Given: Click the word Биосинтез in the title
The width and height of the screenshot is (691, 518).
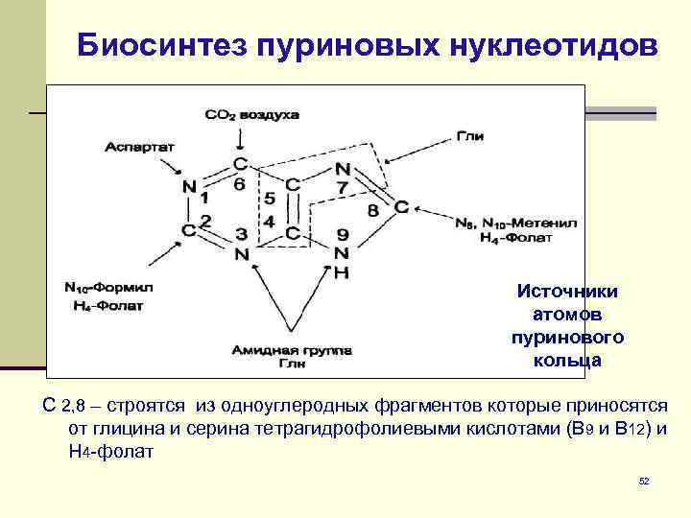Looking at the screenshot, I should point(160,45).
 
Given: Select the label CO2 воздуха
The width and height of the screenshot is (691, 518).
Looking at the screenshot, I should point(252,114).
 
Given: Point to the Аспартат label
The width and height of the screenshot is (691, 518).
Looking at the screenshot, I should point(139,147).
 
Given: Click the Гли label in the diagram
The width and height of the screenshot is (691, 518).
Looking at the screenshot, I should point(469,137).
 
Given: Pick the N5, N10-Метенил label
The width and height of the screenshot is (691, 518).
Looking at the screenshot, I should point(516,222).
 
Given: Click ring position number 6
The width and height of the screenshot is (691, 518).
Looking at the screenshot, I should point(239,182).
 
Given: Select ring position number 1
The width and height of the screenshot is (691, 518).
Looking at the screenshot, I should point(204,200).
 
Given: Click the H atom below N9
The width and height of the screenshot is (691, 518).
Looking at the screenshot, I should point(342,272).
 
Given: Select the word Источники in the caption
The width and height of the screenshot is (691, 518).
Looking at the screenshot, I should point(567,292).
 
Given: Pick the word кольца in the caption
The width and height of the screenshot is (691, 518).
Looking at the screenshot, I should point(567,361).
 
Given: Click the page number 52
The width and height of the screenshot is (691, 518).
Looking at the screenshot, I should point(644,480).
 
